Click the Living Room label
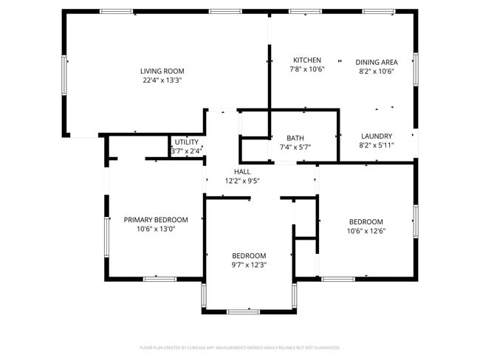coord(162,71)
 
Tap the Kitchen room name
coord(306,60)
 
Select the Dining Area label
coord(377,62)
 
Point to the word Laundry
coord(377,136)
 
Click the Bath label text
coord(295,138)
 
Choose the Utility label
coord(187,142)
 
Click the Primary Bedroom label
coord(156,219)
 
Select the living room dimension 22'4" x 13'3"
coord(162,80)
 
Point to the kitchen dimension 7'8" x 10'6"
coord(306,69)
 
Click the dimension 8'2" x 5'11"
coord(377,145)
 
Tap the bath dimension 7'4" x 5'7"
coord(295,147)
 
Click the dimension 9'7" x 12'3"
coord(249,265)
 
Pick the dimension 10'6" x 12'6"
coord(366,231)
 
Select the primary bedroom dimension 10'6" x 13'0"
coord(156,229)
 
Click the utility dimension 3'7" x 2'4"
coord(187,151)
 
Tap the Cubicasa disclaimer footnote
coord(240,347)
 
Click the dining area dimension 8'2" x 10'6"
coord(377,72)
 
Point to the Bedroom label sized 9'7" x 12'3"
coord(249,255)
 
